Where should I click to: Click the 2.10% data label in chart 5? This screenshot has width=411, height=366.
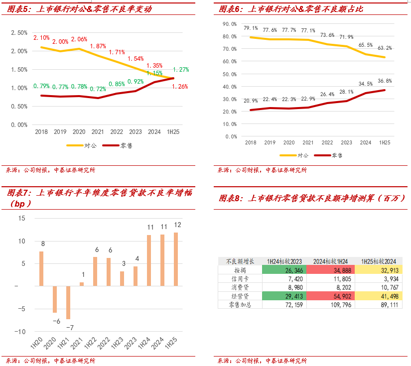tap(41, 38)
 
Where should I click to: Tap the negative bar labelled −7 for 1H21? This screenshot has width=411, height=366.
tap(68, 303)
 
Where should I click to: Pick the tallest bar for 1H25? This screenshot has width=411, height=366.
tap(176, 259)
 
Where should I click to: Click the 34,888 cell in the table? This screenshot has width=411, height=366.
tap(331, 270)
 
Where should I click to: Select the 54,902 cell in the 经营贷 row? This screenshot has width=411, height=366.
tap(331, 296)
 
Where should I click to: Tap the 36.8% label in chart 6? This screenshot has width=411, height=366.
tap(384, 81)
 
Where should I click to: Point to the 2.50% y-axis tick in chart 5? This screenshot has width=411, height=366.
tap(19, 32)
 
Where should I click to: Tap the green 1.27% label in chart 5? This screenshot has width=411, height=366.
tap(181, 70)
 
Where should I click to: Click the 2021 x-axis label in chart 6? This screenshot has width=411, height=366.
tap(308, 142)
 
